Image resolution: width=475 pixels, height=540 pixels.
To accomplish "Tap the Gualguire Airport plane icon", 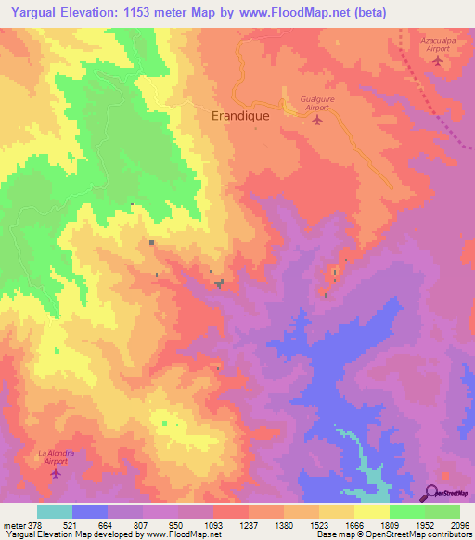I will click(317, 119).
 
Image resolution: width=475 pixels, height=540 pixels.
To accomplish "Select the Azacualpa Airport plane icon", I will click(437, 61).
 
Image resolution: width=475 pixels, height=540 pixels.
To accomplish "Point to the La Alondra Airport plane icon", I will click(56, 474).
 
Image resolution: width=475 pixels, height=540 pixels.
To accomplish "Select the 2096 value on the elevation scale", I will click(460, 524).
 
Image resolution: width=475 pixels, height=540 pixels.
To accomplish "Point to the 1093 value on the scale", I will click(213, 524).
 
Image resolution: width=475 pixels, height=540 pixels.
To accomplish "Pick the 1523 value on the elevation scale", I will click(319, 524).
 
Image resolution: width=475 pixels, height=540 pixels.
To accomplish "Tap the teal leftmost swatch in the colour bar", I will click(55, 511).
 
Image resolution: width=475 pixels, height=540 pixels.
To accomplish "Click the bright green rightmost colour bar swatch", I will click(443, 511).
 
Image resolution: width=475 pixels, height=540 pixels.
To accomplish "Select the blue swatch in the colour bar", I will click(90, 511).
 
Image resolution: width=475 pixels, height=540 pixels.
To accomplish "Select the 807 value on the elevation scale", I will click(143, 524).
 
